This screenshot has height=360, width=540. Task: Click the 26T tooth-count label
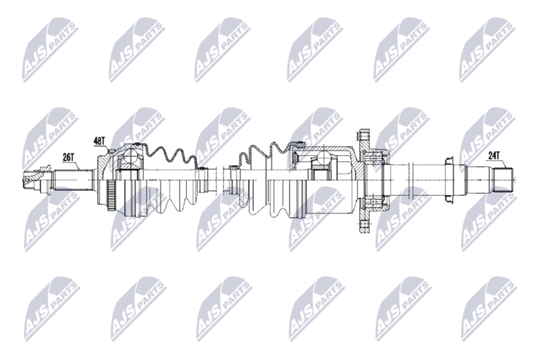point(67,157)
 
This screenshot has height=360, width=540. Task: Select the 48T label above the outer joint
point(99,141)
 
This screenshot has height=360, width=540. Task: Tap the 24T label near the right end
point(494,155)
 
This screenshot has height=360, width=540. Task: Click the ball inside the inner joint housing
point(322,161)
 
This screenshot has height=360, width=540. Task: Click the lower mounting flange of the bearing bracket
point(365,222)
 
